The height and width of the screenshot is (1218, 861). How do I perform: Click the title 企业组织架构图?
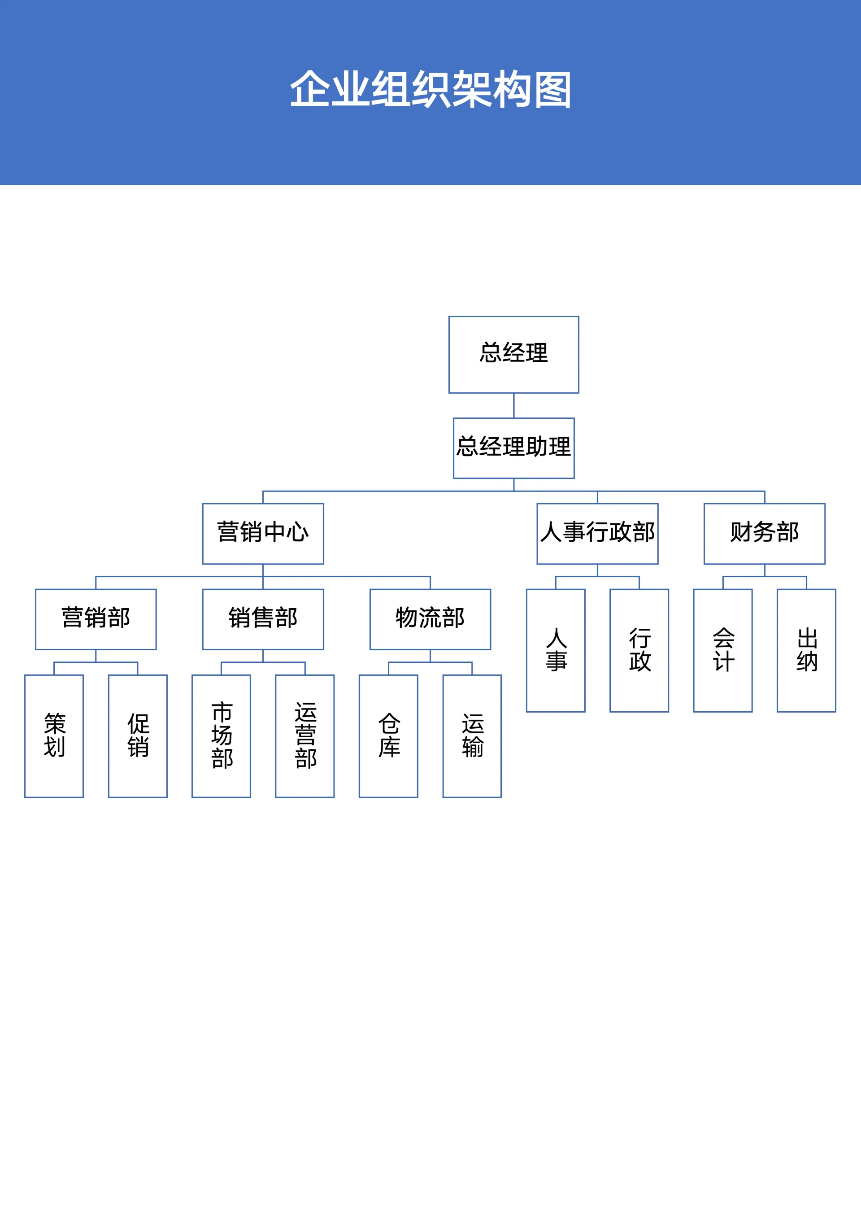pyautogui.click(x=430, y=89)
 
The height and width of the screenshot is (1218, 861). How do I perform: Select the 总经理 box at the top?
pyautogui.click(x=513, y=354)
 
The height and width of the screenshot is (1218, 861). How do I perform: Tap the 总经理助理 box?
pyautogui.click(x=513, y=448)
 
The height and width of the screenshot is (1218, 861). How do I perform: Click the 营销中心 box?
pyautogui.click(x=263, y=533)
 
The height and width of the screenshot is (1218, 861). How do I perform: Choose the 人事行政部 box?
pyautogui.click(x=597, y=533)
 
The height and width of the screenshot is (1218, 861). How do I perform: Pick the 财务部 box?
pyautogui.click(x=764, y=533)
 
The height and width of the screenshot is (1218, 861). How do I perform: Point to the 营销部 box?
pyautogui.click(x=96, y=619)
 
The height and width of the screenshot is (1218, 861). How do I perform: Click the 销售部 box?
pyautogui.click(x=263, y=619)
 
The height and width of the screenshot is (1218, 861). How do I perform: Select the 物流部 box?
pyautogui.click(x=430, y=619)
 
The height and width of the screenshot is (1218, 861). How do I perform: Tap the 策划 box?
pyautogui.click(x=54, y=736)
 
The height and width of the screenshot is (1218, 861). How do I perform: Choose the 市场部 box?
pyautogui.click(x=221, y=736)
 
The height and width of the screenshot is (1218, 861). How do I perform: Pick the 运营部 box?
pyautogui.click(x=304, y=736)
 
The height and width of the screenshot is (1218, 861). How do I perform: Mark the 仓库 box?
pyautogui.click(x=388, y=736)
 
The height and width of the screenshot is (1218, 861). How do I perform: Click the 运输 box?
pyautogui.click(x=472, y=736)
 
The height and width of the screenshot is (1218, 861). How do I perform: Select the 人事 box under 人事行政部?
pyautogui.click(x=556, y=650)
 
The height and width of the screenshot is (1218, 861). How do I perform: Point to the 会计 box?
pyautogui.click(x=722, y=650)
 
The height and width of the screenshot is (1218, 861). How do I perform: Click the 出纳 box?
pyautogui.click(x=806, y=650)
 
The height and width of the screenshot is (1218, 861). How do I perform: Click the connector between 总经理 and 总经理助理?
pyautogui.click(x=513, y=405)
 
